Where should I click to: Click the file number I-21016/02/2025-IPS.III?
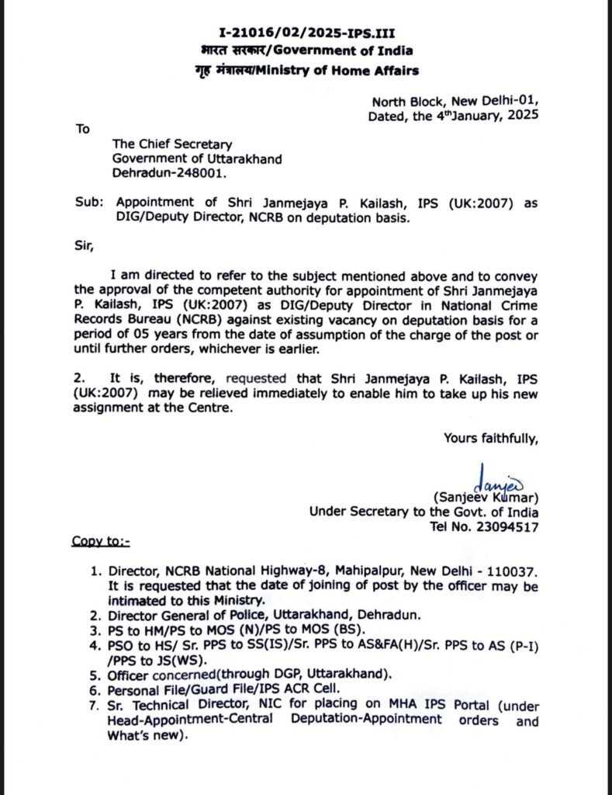click(305, 33)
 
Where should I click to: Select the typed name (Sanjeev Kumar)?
click(486, 497)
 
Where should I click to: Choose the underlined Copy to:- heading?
click(102, 540)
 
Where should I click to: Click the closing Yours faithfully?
click(490, 439)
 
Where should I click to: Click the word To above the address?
click(83, 129)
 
